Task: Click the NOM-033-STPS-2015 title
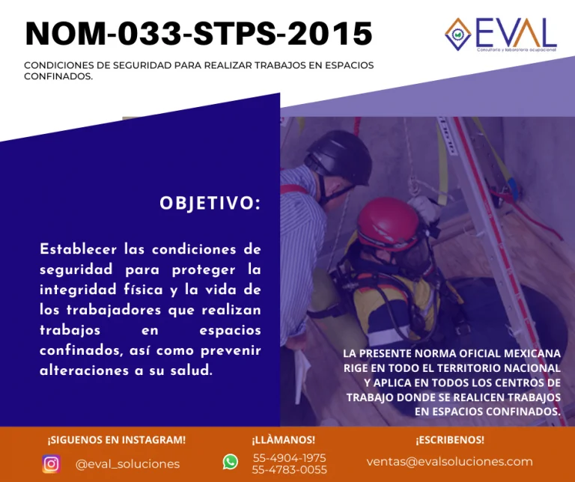(x=199, y=34)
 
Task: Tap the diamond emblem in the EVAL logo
(x=457, y=34)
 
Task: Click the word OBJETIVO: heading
(x=210, y=203)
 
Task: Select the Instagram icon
(x=52, y=464)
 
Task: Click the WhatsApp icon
(x=231, y=462)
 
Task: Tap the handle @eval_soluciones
(x=127, y=464)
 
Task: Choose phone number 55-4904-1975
(x=289, y=458)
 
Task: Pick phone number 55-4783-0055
(x=289, y=469)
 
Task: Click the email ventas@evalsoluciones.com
(x=449, y=462)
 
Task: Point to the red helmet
(x=388, y=222)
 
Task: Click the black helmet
(x=338, y=156)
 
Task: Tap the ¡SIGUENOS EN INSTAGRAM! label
(x=117, y=440)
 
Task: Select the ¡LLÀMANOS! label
(x=283, y=439)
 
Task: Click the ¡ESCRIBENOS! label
(x=450, y=439)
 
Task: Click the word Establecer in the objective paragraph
(x=78, y=249)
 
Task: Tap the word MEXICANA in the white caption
(x=532, y=353)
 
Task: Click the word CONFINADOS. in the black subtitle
(x=58, y=76)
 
